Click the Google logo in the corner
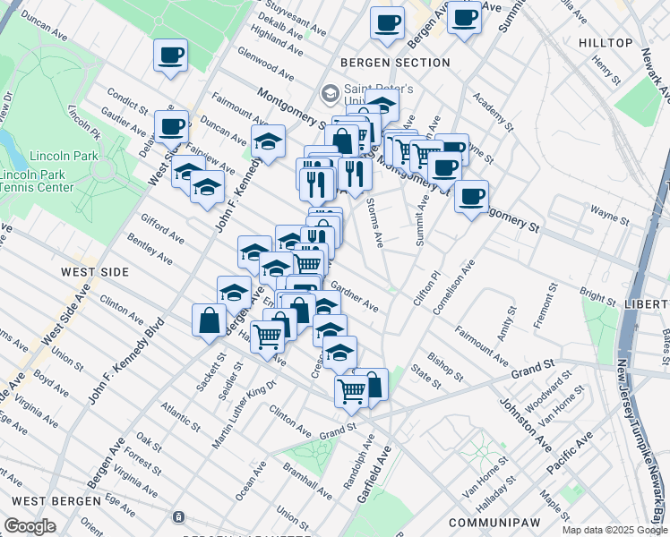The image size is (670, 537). (30, 526)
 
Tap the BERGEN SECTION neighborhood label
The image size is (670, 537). (394, 63)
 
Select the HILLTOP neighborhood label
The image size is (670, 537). (606, 43)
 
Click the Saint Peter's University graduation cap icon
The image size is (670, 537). (331, 93)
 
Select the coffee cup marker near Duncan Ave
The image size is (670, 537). (170, 56)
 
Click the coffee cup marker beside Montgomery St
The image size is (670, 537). (471, 197)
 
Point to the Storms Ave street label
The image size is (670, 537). (374, 223)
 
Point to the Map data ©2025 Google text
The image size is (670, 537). (614, 530)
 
